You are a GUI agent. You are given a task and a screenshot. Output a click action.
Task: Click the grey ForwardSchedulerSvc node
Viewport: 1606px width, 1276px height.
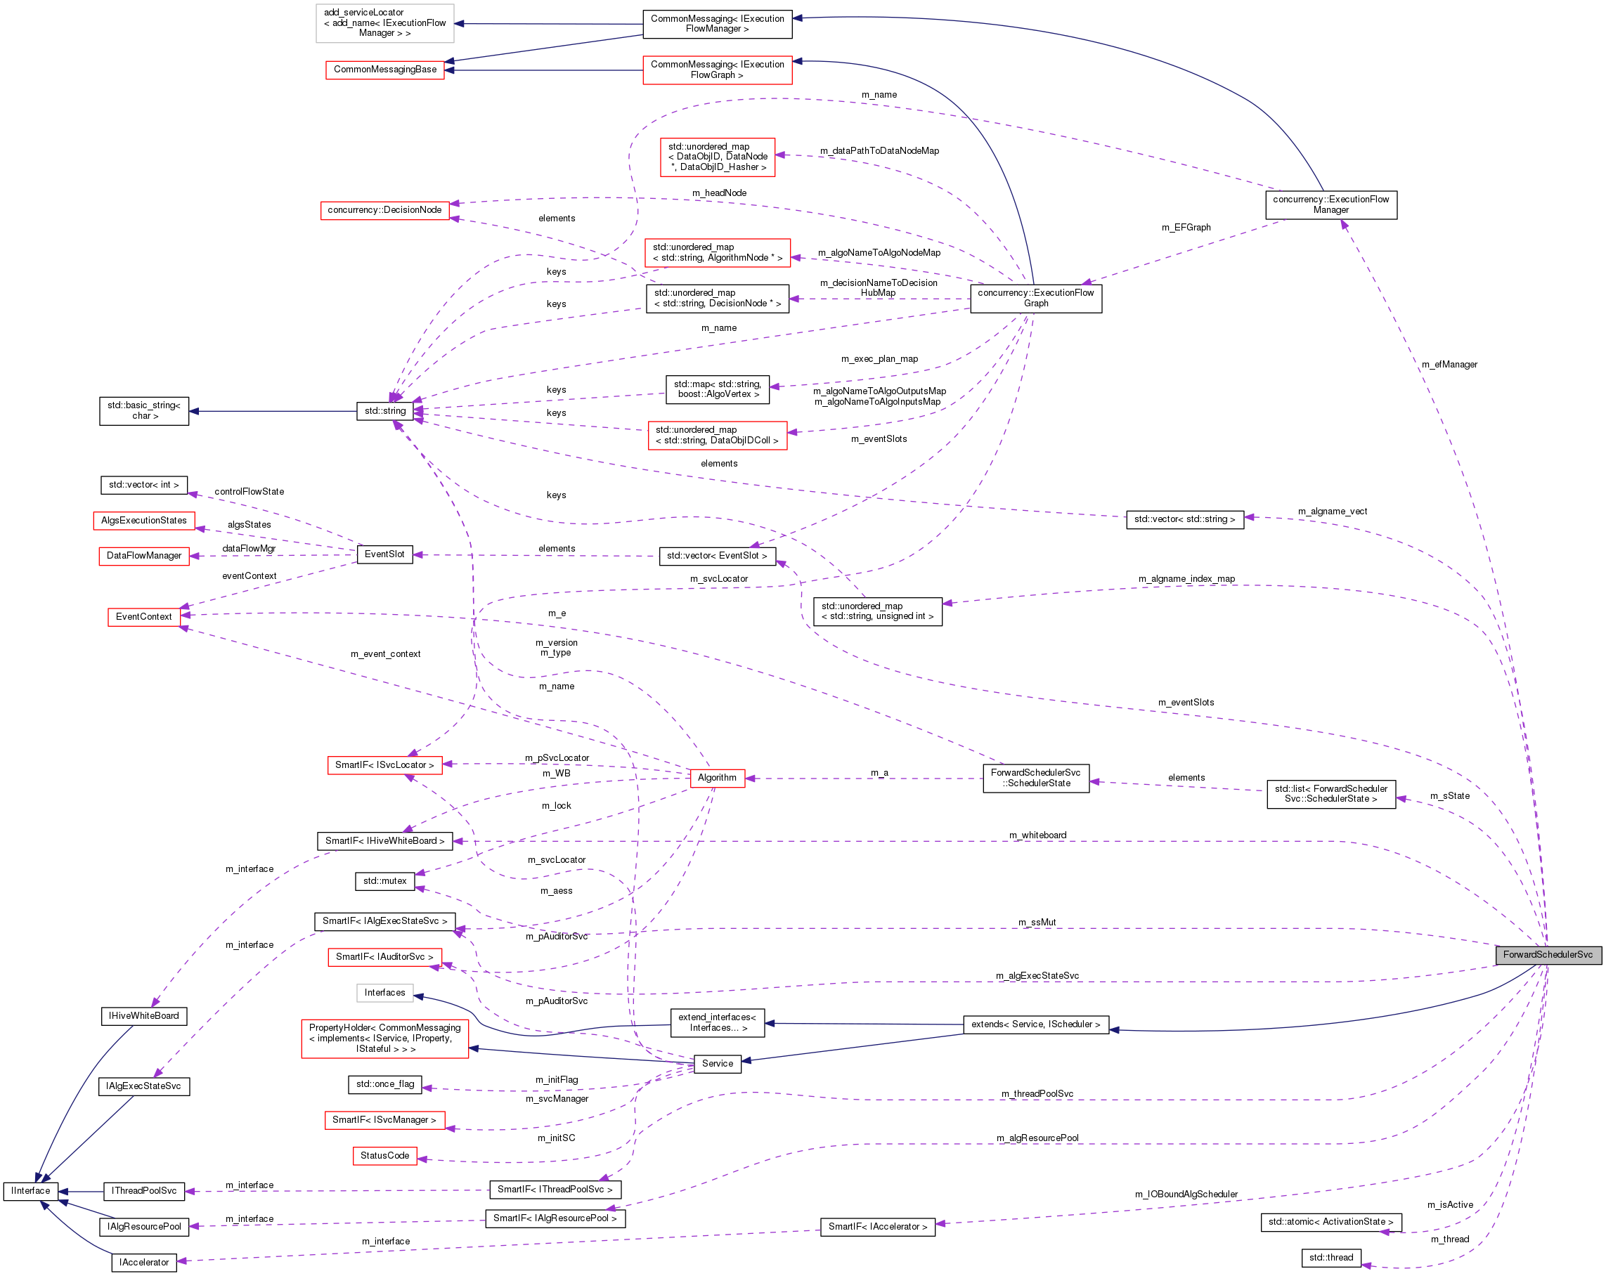[1547, 954]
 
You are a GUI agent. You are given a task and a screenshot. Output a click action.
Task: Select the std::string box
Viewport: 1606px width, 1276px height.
[384, 410]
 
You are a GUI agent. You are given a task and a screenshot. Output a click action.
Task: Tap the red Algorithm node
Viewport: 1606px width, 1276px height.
[717, 777]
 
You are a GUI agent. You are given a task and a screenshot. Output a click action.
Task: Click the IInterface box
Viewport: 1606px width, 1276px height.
[30, 1190]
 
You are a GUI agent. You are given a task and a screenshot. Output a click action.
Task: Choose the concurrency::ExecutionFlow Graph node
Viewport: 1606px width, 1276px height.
[1035, 298]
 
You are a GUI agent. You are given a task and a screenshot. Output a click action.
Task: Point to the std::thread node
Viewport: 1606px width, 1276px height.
[1330, 1257]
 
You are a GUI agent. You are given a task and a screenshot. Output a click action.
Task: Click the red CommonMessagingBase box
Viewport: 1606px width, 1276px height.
[384, 70]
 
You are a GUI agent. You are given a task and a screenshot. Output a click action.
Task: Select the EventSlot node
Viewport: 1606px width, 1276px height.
[384, 554]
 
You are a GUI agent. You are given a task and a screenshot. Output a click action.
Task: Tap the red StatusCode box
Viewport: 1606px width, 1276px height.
[384, 1155]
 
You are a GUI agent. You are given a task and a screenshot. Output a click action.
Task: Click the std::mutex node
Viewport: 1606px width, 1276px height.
[384, 880]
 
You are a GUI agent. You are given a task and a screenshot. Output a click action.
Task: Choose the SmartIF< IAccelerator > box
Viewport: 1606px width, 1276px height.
[876, 1226]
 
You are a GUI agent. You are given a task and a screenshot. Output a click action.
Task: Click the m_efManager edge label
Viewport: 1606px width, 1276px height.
[1449, 364]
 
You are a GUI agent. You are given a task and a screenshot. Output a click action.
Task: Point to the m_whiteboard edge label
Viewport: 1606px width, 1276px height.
[1037, 835]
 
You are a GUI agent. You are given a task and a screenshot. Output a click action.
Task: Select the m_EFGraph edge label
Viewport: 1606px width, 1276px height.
[1186, 227]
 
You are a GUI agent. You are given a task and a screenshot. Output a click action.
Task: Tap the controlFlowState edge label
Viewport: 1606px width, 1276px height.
[249, 492]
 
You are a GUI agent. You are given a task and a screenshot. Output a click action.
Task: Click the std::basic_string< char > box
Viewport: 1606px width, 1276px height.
[144, 410]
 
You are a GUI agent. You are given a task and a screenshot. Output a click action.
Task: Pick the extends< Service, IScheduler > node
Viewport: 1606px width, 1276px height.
[1035, 1024]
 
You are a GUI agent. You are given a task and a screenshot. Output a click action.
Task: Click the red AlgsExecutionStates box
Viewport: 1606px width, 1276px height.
[144, 520]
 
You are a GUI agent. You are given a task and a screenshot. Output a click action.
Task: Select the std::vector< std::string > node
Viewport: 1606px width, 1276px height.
[1184, 519]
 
